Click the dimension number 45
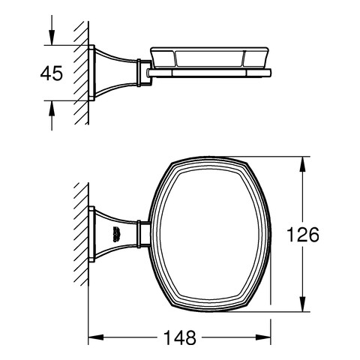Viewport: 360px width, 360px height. point(52,73)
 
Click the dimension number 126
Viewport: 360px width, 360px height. point(303,235)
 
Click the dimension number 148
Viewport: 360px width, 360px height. point(180,337)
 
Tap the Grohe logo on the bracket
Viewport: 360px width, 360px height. point(116,235)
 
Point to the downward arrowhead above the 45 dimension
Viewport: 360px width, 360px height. point(52,37)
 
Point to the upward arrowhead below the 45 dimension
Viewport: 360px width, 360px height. point(52,109)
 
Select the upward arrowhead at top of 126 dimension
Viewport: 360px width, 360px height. point(302,164)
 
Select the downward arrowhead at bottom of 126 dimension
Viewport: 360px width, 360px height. point(302,304)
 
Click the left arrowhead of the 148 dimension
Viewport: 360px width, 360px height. point(96,337)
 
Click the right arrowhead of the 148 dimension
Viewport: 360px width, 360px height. point(263,337)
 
